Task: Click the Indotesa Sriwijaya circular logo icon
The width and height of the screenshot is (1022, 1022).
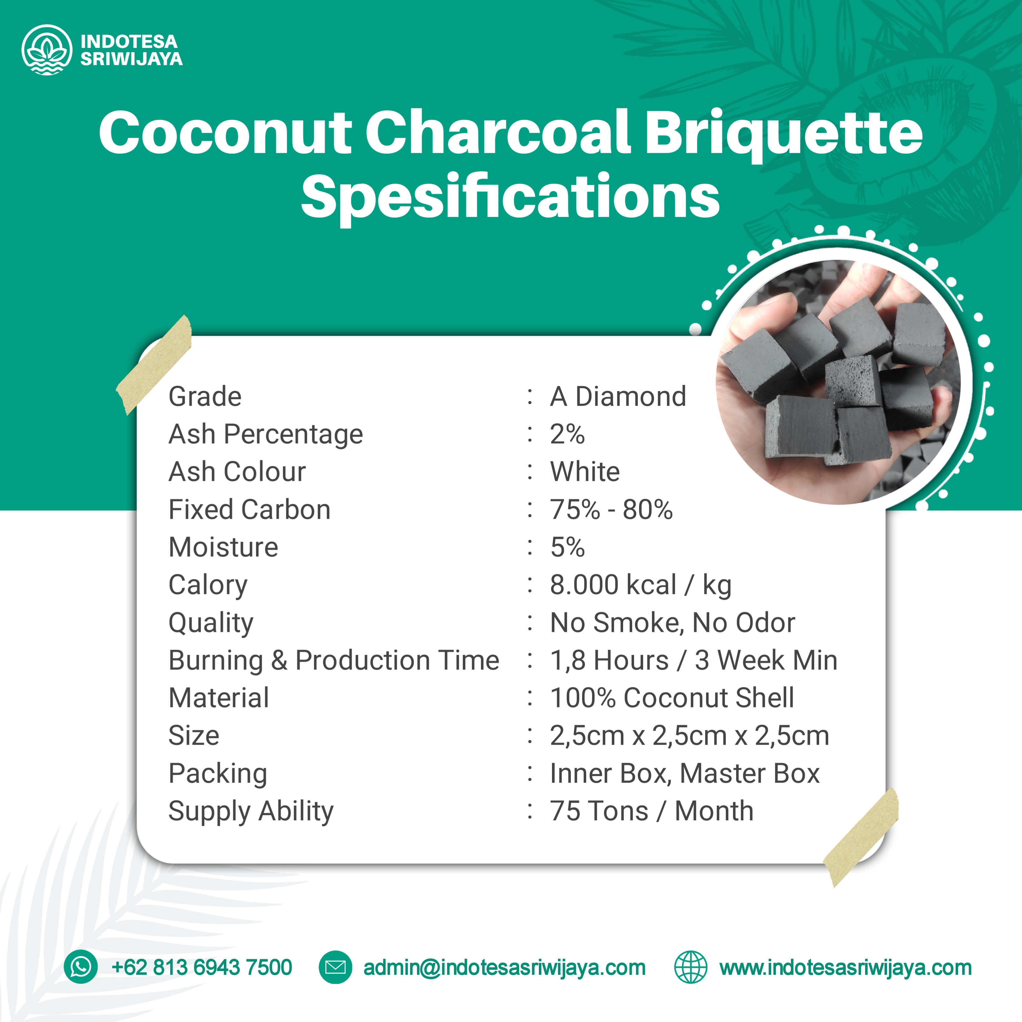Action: coord(47,50)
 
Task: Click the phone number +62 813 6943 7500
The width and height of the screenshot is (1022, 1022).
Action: coord(202,968)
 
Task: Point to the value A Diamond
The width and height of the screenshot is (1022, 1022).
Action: coord(618,397)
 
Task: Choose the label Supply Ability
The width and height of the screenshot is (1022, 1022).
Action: coord(251,812)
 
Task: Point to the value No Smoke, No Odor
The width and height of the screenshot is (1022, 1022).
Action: coord(672,622)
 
